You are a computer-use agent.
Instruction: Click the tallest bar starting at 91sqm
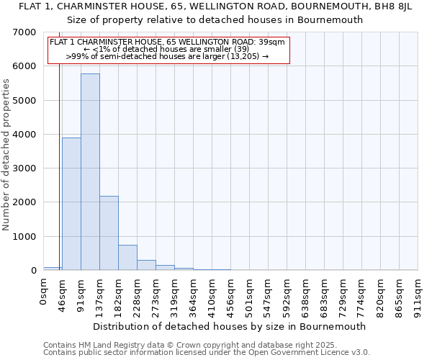pyautogui.click(x=90, y=173)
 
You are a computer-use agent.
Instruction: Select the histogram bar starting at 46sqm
pyautogui.click(x=71, y=204)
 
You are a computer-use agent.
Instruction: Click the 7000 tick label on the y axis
pyautogui.click(x=23, y=32)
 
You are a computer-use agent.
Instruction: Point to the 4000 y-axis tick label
pyautogui.click(x=23, y=135)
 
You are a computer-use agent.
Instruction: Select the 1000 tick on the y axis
pyautogui.click(x=23, y=237)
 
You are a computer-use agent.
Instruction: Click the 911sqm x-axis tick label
pyautogui.click(x=418, y=294)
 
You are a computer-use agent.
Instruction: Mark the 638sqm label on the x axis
pyautogui.click(x=306, y=294)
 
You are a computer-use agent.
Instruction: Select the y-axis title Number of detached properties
pyautogui.click(x=7, y=155)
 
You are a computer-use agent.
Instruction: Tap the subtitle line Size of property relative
pyautogui.click(x=216, y=19)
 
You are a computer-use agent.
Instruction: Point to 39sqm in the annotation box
pyautogui.click(x=271, y=42)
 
